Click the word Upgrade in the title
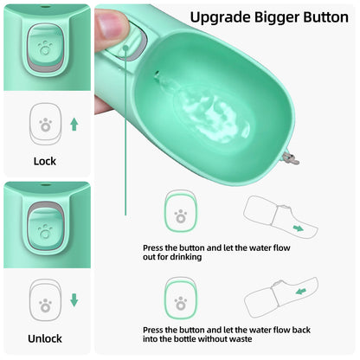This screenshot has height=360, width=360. (220, 16)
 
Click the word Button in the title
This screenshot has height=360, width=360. (319, 16)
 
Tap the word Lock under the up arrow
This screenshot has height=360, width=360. (44, 161)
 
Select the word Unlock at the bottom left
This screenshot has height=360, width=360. (45, 338)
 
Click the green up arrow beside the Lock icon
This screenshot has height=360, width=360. (74, 125)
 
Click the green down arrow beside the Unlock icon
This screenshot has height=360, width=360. (74, 300)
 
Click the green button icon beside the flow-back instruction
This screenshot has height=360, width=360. (181, 302)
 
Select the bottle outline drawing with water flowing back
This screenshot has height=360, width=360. (278, 299)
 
